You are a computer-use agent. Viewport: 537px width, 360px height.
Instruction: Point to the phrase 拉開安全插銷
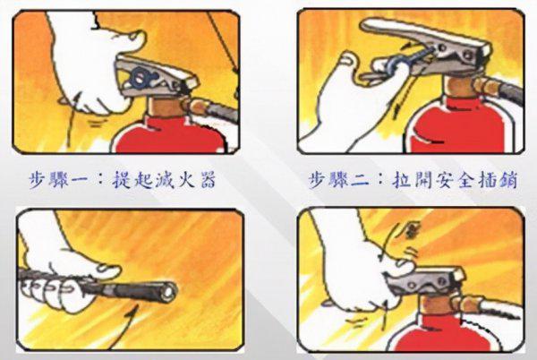(x=457, y=179)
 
